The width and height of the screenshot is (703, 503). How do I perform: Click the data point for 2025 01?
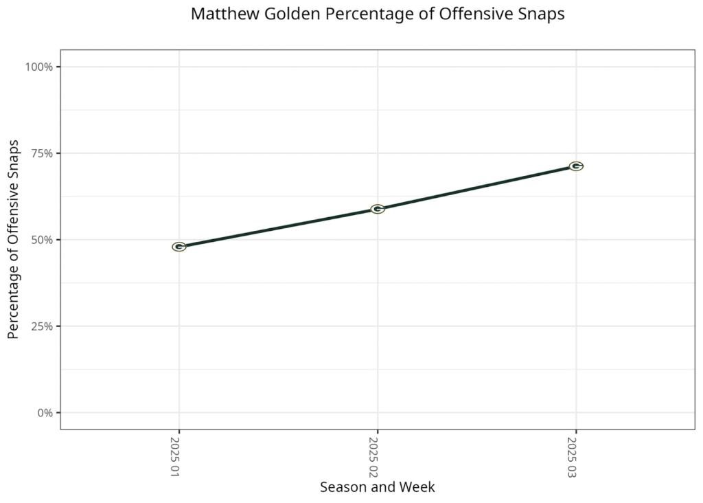pyautogui.click(x=179, y=247)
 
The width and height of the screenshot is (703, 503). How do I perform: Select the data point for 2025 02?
pyautogui.click(x=378, y=209)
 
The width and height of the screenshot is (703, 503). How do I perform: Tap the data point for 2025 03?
pyautogui.click(x=576, y=166)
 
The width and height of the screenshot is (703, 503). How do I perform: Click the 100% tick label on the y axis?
pyautogui.click(x=39, y=67)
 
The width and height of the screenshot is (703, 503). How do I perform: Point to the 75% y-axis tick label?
pyautogui.click(x=42, y=153)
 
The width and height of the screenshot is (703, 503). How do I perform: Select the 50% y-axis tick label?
pyautogui.click(x=42, y=240)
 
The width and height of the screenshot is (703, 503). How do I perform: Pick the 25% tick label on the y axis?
pyautogui.click(x=42, y=326)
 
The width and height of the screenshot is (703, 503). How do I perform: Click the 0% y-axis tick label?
pyautogui.click(x=45, y=413)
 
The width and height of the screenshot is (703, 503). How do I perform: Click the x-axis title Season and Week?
pyautogui.click(x=378, y=487)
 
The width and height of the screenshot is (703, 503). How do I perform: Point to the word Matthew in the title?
pyautogui.click(x=218, y=14)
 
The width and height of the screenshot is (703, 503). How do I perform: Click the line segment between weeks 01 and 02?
pyautogui.click(x=278, y=228)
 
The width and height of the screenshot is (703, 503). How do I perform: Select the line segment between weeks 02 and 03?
pyautogui.click(x=477, y=188)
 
